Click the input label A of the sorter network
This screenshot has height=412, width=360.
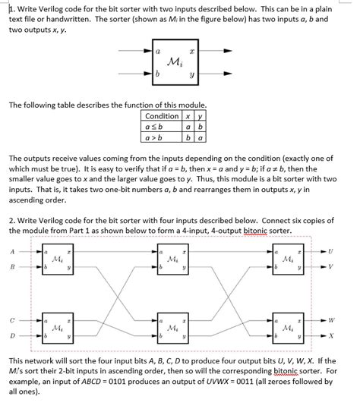12,252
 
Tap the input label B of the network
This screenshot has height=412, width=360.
12,267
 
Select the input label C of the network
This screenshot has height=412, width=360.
12,320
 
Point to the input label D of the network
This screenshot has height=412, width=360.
12,335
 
